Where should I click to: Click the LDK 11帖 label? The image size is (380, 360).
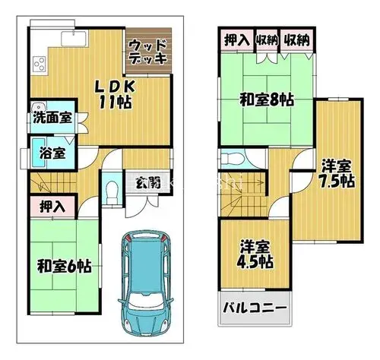pos(115,94)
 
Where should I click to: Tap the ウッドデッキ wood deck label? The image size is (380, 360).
pos(148,52)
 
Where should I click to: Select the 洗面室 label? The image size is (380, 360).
pos(52,118)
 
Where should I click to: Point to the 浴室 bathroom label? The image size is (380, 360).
pos(52,153)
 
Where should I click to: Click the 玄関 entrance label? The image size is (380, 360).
pos(148,183)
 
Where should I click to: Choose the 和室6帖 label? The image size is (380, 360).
pos(64,266)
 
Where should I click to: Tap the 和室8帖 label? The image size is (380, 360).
pos(267,99)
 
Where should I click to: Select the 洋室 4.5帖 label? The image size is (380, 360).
pos(255,254)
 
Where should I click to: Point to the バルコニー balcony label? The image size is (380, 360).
pos(255,308)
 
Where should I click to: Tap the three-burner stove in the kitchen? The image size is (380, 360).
pos(40,63)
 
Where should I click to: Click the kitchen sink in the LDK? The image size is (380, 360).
pos(74,39)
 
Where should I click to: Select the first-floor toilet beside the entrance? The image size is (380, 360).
pos(112,192)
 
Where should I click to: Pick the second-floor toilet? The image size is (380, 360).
pos(233,159)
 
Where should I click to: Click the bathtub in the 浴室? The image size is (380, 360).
pos(39,153)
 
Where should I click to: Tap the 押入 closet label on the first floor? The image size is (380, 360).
pos(52,207)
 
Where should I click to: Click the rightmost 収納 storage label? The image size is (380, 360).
pos(297,40)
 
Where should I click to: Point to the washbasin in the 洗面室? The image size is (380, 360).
pos(38,106)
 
